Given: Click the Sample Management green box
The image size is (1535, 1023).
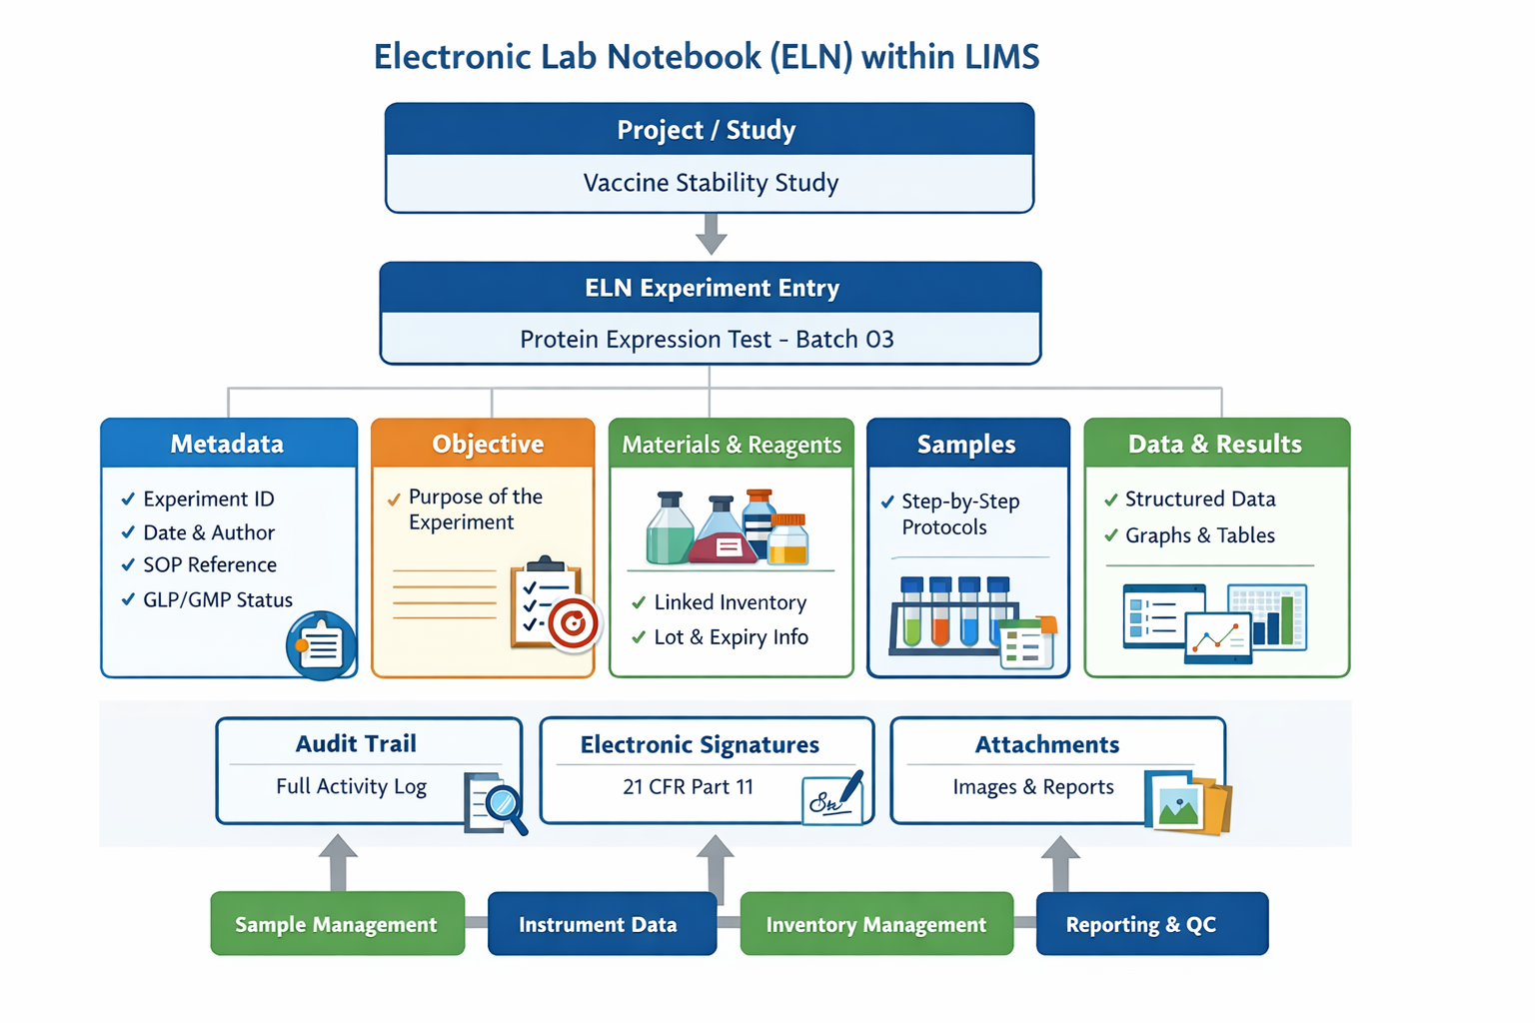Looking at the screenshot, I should [x=337, y=924].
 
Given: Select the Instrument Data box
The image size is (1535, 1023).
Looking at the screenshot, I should [x=601, y=924].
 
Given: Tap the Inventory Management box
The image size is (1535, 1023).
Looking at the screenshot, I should [x=876, y=924].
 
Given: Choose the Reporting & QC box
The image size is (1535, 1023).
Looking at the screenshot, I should [x=1151, y=924].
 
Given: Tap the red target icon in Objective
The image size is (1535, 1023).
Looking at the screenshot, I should [x=574, y=624].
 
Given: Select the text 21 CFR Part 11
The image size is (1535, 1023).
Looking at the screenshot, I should [x=688, y=787].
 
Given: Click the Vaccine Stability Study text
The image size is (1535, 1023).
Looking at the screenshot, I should [x=711, y=183].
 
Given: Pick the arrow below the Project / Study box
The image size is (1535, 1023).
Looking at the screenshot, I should [x=711, y=235].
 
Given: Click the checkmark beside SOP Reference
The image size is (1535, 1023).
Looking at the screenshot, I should [x=128, y=565].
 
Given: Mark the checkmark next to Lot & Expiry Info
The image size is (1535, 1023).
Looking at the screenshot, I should [x=639, y=637].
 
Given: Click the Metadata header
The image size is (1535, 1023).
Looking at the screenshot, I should [x=228, y=444].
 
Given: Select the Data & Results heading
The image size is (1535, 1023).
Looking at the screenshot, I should [x=1215, y=444].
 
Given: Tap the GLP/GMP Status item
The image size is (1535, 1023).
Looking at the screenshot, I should [x=218, y=599].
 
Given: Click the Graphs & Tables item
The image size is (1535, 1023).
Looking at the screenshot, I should [x=1200, y=535].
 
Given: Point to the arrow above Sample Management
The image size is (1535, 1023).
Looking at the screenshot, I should [x=338, y=861].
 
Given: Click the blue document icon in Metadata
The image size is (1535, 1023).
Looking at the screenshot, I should [x=320, y=645].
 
